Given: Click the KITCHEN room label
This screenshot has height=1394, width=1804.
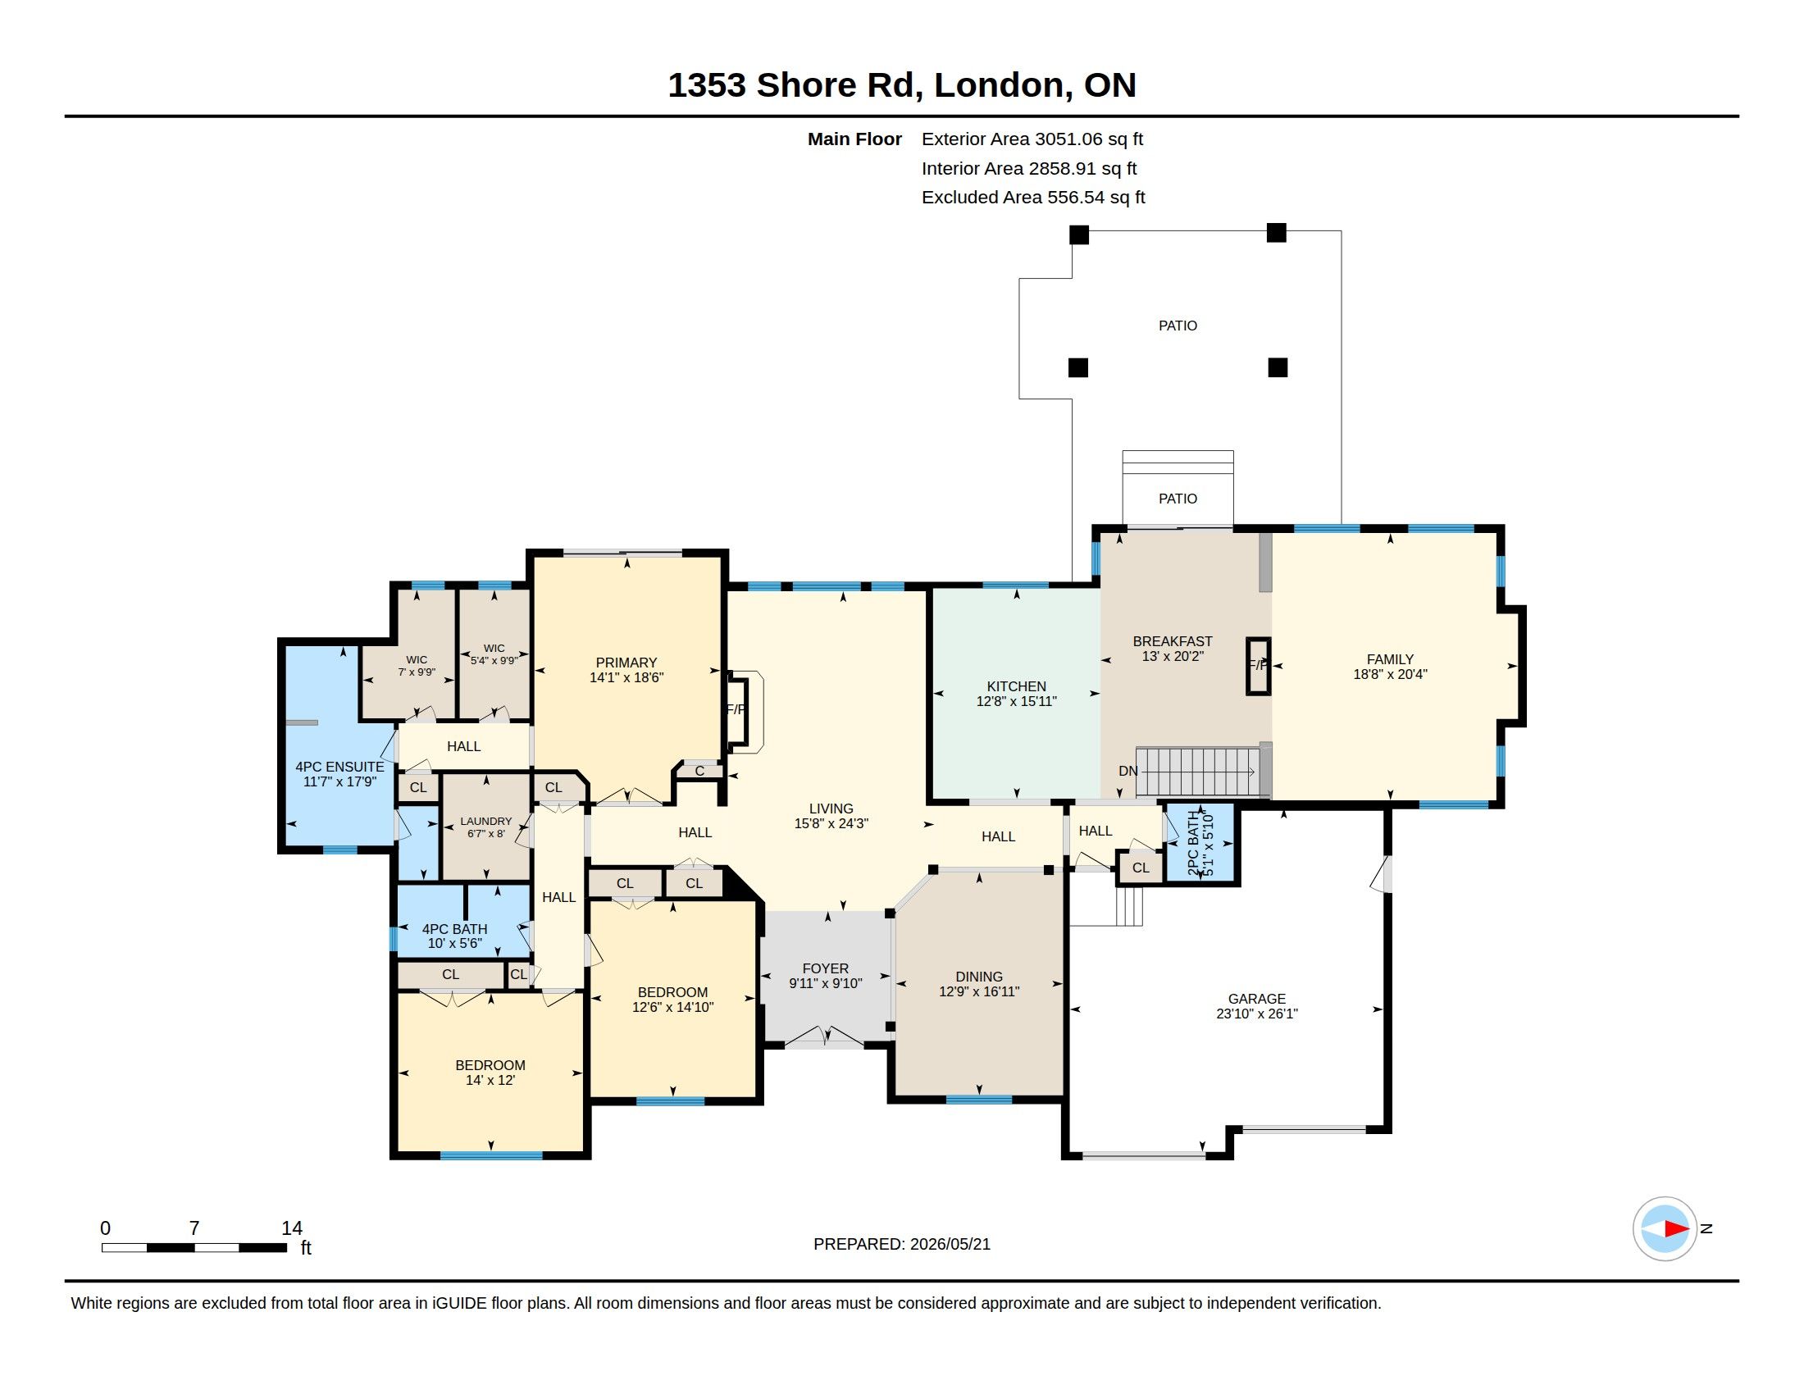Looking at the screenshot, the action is click(1016, 686).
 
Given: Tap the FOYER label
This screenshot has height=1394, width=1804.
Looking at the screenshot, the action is click(825, 968).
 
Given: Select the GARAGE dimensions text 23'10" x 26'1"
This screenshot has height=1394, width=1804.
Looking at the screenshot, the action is click(1256, 1014).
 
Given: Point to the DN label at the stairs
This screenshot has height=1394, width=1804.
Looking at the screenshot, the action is click(1127, 772).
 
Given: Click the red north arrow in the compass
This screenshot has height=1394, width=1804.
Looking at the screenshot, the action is click(1676, 1229).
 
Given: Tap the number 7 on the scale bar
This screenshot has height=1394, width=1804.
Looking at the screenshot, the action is click(194, 1228).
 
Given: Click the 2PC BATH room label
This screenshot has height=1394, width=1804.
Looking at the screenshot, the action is click(1193, 844).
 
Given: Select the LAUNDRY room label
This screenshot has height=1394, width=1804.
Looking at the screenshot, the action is click(485, 822).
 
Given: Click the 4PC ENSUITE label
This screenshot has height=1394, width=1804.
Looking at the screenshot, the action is click(339, 768).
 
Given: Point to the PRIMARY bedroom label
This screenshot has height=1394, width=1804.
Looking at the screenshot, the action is click(626, 663).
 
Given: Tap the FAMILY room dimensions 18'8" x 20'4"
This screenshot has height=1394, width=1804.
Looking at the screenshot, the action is click(1390, 674).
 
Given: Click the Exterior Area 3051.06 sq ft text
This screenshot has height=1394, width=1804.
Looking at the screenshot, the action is click(1032, 139).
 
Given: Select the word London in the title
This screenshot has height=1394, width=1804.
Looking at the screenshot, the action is click(998, 85).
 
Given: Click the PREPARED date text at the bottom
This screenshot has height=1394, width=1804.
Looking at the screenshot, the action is click(902, 1245).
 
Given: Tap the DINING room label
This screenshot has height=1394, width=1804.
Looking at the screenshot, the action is click(979, 977).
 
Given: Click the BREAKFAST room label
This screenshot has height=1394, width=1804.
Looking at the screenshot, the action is click(1172, 642).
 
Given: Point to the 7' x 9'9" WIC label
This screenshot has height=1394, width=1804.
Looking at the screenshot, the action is click(417, 672).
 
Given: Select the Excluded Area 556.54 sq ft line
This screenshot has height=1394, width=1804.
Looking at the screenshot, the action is click(1033, 198).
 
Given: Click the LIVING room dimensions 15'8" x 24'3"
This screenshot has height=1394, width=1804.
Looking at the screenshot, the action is click(831, 823).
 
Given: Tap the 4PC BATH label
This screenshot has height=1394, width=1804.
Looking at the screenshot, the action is click(454, 929).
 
